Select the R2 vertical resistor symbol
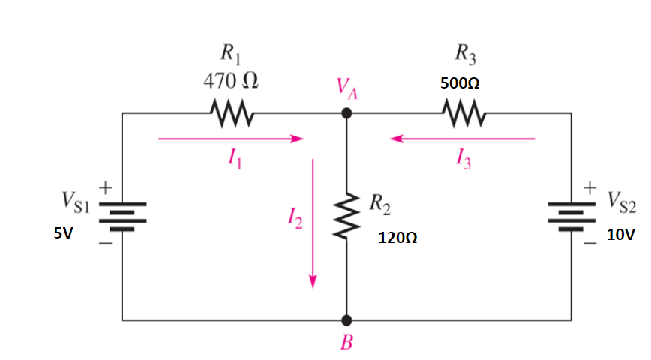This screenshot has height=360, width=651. coord(346,217)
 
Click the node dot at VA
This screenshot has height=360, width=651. coord(346,113)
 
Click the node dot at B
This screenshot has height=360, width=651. coord(346,320)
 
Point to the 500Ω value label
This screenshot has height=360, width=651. coord(460,84)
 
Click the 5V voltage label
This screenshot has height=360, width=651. coord(63,234)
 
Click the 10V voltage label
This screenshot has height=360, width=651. coord(620,235)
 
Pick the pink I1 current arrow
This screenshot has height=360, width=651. coord(229,139)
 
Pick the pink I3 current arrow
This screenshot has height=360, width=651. coord(463,139)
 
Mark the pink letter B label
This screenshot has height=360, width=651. coord(346,344)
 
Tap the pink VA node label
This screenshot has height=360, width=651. coord(346,93)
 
